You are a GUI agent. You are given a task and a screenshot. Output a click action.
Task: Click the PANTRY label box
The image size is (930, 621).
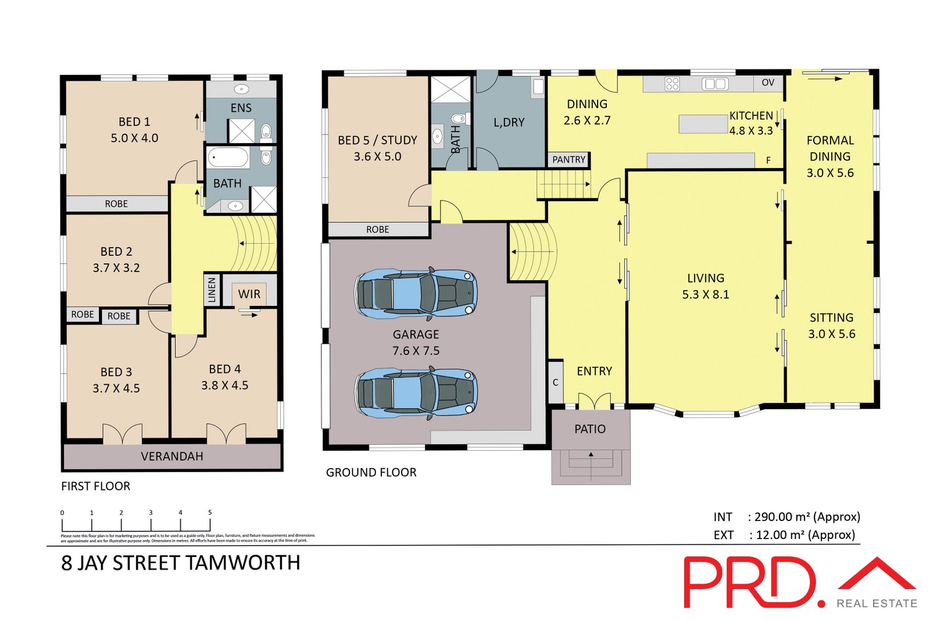[568, 159]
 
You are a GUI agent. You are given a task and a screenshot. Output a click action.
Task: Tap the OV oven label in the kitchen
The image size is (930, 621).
[768, 83]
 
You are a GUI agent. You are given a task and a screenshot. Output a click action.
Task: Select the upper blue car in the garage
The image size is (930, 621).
[416, 294]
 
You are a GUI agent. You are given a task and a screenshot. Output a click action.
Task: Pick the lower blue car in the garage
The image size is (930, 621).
[416, 392]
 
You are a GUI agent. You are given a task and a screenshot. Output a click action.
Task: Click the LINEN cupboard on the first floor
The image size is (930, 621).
[212, 290]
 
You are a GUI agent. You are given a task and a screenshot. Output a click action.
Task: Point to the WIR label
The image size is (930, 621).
[249, 294]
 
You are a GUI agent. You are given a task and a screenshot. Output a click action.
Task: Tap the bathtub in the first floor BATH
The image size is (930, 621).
[228, 157]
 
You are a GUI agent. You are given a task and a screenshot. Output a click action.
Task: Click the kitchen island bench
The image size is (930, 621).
[703, 124]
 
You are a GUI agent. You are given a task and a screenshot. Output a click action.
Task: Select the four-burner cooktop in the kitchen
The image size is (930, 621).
[672, 84]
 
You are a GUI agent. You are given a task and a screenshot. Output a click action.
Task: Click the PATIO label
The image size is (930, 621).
[590, 429]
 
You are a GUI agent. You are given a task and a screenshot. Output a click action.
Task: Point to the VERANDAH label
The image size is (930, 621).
[172, 456]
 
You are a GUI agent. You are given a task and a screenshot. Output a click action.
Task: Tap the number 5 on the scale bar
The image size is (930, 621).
[210, 512]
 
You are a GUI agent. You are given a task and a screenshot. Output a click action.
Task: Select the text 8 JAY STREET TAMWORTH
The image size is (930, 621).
[181, 563]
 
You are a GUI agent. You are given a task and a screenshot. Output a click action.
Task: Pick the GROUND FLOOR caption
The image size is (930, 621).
[371, 472]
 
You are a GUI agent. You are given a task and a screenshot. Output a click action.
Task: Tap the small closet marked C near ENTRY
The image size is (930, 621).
[556, 382]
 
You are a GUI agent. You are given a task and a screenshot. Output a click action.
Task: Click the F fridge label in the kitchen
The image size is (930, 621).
[768, 160]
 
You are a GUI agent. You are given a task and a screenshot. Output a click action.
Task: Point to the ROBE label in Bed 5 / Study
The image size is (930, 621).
[378, 230]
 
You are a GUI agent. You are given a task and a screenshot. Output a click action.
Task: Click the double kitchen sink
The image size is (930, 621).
[715, 84]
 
